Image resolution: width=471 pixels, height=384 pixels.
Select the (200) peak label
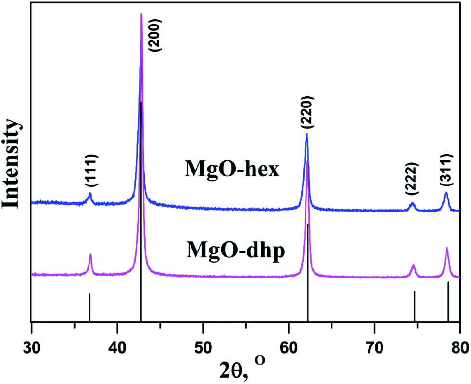pos(157,35)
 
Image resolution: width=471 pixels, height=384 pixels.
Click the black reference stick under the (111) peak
pos(89,307)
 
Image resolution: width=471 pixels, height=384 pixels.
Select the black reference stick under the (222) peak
pos(414,305)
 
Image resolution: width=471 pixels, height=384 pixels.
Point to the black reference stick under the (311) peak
pos(448,301)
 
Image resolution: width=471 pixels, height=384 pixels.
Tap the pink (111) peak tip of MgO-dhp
pos(90,255)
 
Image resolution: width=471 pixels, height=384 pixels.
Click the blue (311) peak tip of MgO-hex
pos(446,193)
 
